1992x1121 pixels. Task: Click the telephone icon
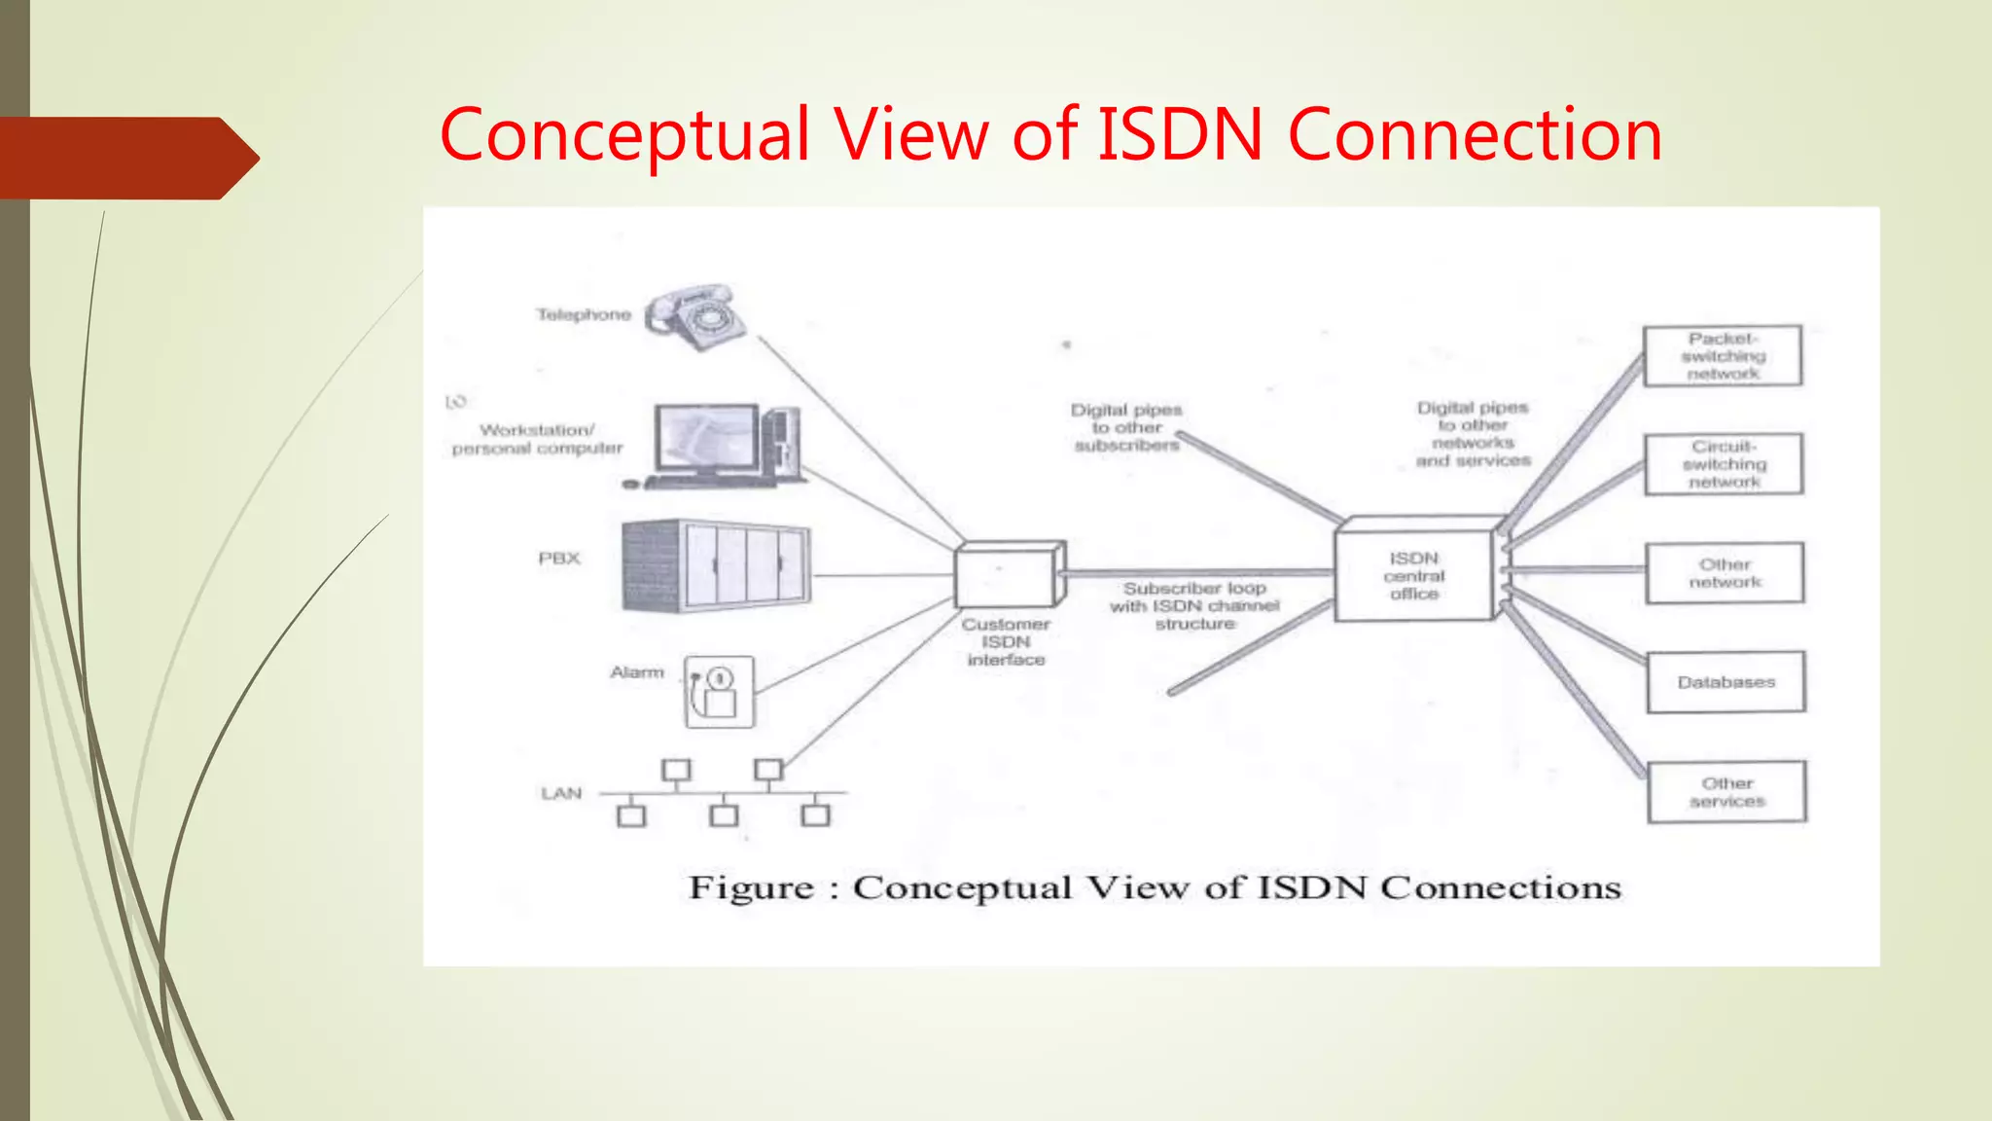[695, 317]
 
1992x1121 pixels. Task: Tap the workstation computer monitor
[706, 440]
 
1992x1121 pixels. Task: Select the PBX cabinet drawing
[717, 566]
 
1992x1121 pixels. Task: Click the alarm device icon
[719, 692]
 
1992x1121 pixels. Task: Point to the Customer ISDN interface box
[1009, 575]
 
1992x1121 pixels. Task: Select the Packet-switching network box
[1723, 356]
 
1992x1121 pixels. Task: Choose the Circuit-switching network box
[1724, 464]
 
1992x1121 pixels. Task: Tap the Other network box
[1725, 573]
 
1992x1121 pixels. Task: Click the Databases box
[1726, 682]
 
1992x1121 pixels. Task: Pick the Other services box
[1727, 792]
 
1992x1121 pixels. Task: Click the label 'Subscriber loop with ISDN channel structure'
[1194, 605]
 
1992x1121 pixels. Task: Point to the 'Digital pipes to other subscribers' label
[1126, 427]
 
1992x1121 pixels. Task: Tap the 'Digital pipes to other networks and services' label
[1473, 434]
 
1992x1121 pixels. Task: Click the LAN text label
[561, 793]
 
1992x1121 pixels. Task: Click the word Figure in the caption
[751, 887]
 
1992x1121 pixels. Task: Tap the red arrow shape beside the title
[126, 158]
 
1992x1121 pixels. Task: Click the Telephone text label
[584, 314]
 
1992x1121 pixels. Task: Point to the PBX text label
[559, 559]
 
